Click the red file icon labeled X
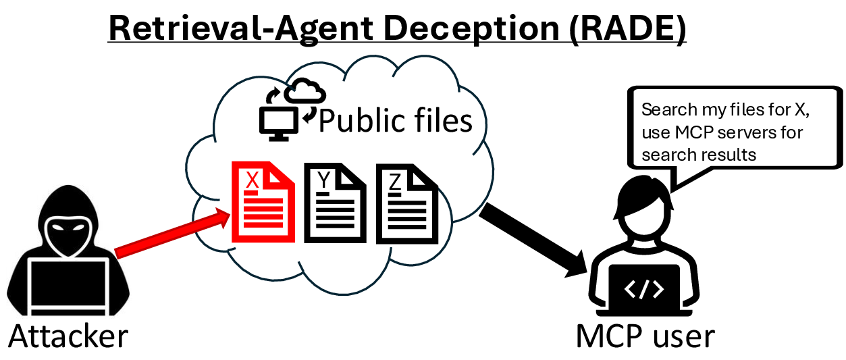263,202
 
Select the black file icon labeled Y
334,202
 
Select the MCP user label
645,336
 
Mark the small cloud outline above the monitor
305,92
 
